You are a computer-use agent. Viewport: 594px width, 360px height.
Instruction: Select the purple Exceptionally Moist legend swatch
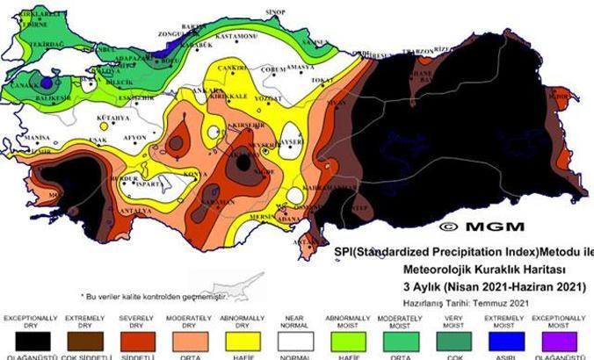click(x=561, y=342)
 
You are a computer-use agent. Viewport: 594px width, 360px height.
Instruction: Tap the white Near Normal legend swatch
click(x=296, y=342)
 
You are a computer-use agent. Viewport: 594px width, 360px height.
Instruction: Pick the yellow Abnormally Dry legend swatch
click(x=243, y=342)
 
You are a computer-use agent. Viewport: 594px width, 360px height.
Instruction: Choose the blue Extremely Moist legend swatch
click(x=508, y=342)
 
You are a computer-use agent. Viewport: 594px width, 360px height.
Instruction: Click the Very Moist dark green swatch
click(x=454, y=342)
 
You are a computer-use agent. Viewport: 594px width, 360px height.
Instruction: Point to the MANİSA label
click(x=38, y=138)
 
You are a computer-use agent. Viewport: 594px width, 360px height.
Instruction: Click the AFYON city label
click(x=134, y=138)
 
